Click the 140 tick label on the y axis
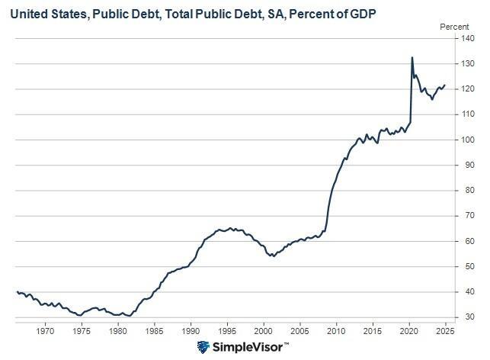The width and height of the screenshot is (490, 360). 469,40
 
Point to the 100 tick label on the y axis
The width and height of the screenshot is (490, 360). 469,140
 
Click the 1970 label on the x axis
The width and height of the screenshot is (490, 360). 45,331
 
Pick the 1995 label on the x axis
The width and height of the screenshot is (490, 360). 227,331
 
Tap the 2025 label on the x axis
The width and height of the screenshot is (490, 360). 445,331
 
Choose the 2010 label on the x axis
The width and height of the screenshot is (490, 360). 336,331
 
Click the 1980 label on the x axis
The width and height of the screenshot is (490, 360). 118,331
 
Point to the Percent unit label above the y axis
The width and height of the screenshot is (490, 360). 454,26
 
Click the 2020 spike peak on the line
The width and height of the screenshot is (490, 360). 412,58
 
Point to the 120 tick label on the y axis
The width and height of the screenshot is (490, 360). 469,90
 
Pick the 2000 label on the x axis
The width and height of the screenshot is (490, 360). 264,331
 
